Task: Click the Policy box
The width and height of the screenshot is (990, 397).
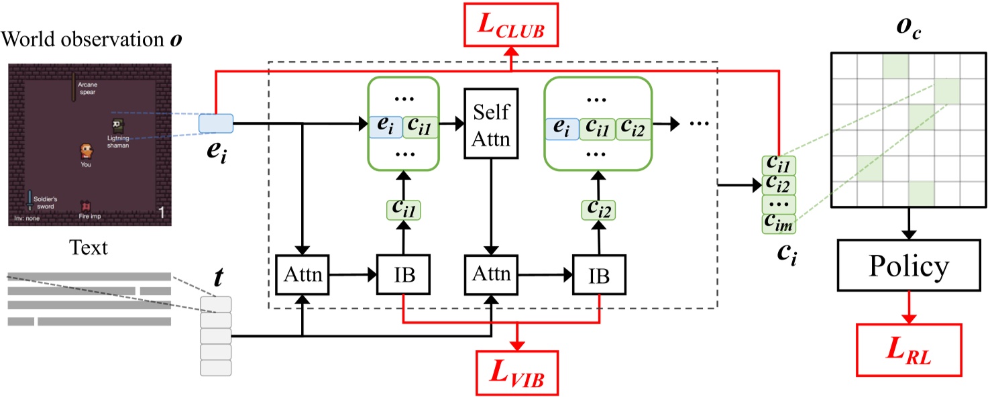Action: (x=909, y=268)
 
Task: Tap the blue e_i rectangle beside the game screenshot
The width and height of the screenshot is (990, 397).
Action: (x=216, y=123)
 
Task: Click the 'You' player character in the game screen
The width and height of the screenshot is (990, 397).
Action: (x=85, y=151)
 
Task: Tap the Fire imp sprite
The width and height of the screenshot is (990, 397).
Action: (x=86, y=206)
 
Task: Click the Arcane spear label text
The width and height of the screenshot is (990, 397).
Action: (x=88, y=89)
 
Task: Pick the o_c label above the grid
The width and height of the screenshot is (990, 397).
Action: (x=910, y=29)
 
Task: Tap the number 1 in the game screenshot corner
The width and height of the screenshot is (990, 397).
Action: (x=161, y=213)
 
